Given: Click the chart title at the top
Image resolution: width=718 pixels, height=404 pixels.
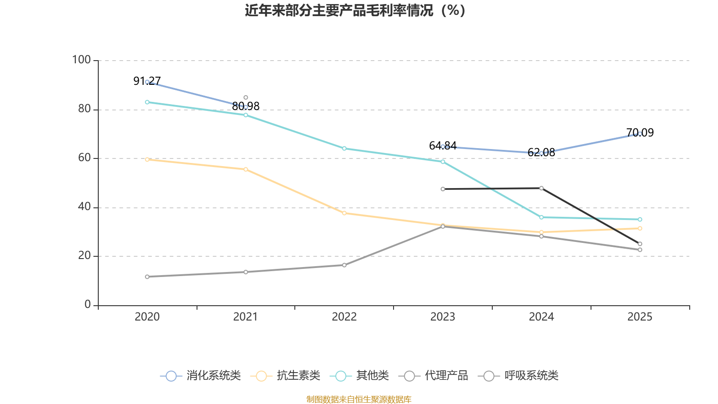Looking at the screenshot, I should pos(355,10).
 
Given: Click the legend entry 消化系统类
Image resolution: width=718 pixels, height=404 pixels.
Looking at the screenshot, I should pos(201,376).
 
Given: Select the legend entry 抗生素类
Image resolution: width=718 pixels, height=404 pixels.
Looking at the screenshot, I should pos(285,376).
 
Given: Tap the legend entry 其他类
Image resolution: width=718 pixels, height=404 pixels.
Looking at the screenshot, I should pos(359,376).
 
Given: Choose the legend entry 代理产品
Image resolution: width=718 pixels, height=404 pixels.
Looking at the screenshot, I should pos(433,376).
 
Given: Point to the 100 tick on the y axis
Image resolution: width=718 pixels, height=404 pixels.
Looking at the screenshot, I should pos(81,60).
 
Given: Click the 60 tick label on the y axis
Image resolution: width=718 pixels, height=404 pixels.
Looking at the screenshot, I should pos(84,158).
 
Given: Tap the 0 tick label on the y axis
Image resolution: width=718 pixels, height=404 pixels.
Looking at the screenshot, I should pos(88,304).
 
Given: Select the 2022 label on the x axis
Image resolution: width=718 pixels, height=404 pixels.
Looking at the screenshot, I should pos(344,317).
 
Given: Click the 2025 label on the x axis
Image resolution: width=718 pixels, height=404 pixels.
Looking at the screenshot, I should pos(639,317).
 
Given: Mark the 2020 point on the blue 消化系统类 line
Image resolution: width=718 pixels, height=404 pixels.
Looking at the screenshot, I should pos(147,82).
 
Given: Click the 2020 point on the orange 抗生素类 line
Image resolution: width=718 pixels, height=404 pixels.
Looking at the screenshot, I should pos(147,159).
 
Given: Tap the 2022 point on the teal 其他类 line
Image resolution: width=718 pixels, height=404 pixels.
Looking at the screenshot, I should pos(344,148).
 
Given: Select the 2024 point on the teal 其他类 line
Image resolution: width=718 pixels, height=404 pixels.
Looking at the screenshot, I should pos(541,217).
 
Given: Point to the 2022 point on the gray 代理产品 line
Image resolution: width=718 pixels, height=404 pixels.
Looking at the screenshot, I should pos(344,265).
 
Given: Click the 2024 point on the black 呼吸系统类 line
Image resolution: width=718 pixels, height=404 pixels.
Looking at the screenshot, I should pos(541,188).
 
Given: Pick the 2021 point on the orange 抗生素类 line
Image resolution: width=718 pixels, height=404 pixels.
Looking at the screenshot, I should pos(245,169).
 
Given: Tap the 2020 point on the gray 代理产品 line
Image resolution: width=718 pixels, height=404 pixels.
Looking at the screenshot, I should pos(147,277).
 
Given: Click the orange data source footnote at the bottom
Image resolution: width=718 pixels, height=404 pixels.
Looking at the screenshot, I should pos(359,399).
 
